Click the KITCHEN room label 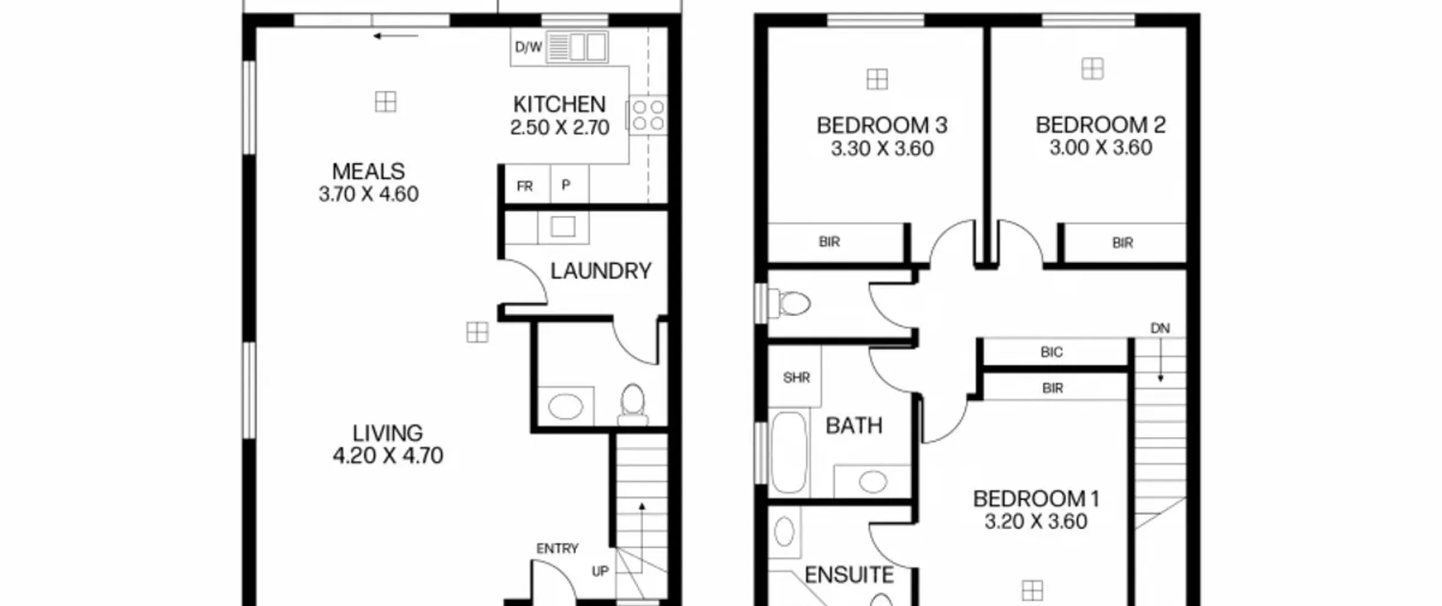tap(559, 104)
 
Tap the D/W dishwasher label tap(528, 47)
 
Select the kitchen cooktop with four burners tap(648, 116)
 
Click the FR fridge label tap(524, 186)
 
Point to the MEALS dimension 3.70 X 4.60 tap(368, 194)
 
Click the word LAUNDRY tap(600, 271)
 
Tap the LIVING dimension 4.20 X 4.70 tap(388, 455)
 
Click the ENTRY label tap(557, 549)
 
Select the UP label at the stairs tap(600, 571)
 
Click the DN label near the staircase tap(1160, 328)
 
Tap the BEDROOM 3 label tap(882, 125)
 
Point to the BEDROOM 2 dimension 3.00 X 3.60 tap(1100, 148)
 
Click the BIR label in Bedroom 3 tap(829, 242)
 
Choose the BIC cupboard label tap(1052, 352)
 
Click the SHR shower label tap(796, 377)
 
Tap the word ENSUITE tap(849, 576)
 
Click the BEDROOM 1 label tap(1036, 499)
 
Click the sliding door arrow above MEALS tap(395, 36)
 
